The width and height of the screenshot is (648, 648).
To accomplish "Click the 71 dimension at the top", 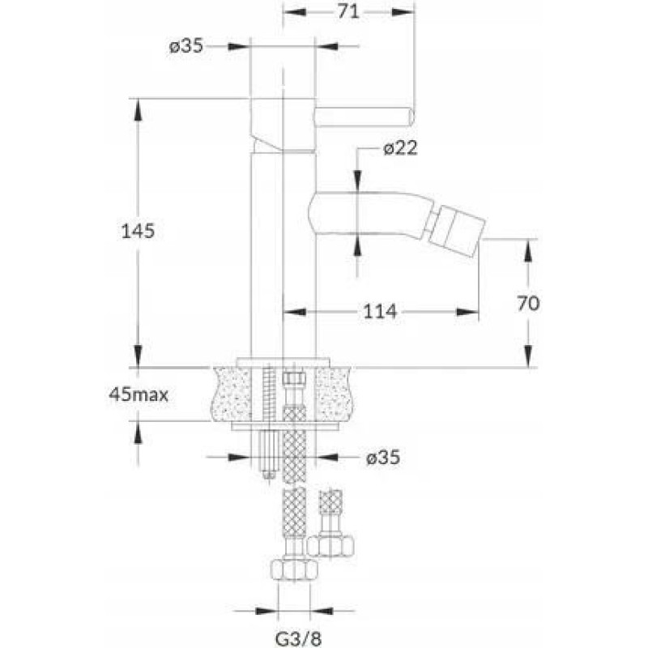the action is pos(348,12).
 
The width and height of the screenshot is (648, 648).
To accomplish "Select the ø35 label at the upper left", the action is pos(186,46).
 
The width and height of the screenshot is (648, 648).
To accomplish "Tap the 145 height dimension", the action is pos(138,231).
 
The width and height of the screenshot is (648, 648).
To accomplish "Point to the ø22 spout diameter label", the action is pos(400,148).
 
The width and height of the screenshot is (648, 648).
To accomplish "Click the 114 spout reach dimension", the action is pos(380,311).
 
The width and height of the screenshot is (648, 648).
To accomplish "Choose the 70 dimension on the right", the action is pos(528,304).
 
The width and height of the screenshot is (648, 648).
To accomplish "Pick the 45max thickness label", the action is pos(139,395).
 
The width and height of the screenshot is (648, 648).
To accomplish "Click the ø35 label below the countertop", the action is pos(383,458).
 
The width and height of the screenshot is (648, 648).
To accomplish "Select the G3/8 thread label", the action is pos(298,639).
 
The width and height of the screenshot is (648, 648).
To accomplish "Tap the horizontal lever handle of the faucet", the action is pos(364,116).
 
